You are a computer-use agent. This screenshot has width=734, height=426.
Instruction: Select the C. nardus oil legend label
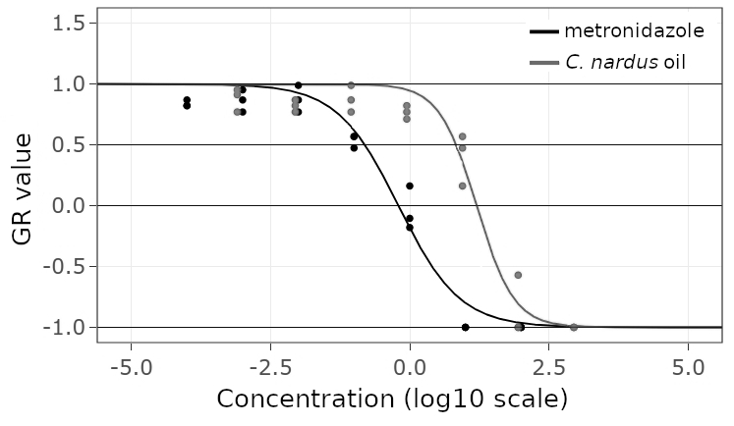tap(625, 62)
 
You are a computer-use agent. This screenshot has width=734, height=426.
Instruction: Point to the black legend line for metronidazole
tap(542, 31)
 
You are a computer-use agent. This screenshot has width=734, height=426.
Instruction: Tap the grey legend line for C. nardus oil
tap(542, 63)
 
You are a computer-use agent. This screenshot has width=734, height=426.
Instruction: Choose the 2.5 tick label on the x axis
tap(553, 368)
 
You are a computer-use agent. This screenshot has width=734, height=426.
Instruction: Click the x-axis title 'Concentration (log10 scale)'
tap(391, 399)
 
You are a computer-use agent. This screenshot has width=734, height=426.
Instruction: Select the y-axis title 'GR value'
tap(25, 190)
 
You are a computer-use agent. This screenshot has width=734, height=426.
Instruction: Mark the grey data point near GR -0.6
tap(518, 275)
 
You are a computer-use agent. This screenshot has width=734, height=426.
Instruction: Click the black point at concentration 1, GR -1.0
tap(466, 327)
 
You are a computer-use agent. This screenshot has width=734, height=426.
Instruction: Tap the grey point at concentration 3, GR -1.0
tap(574, 327)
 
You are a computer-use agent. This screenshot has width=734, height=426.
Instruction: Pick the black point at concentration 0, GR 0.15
tap(410, 186)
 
